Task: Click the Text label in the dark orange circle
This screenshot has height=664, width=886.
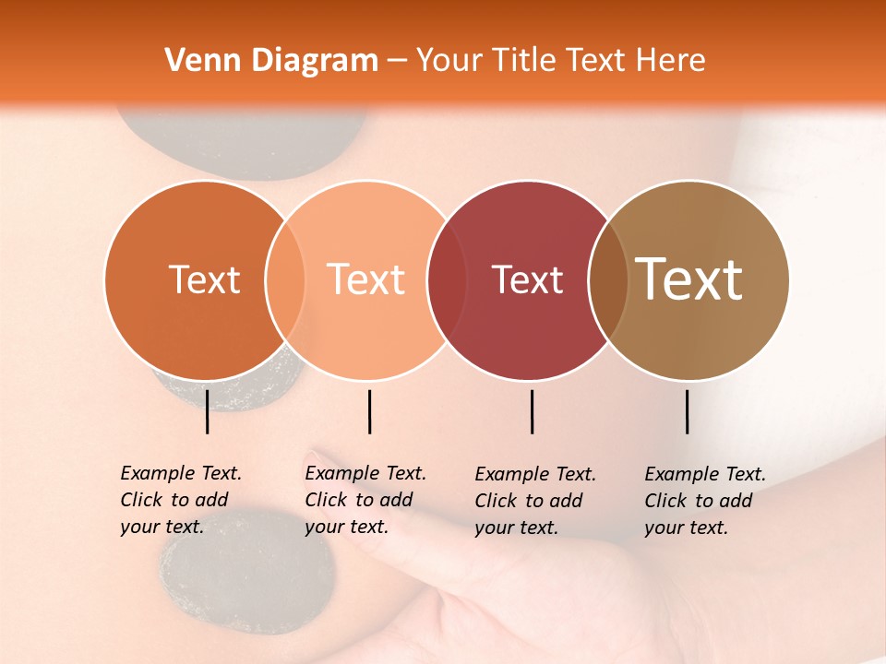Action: coord(204,280)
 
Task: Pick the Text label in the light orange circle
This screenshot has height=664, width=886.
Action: coord(366,280)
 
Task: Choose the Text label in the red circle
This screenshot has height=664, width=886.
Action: coord(527,280)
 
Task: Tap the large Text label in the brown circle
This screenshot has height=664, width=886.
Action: coord(689,279)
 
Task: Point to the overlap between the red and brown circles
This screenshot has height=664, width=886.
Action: coord(607,280)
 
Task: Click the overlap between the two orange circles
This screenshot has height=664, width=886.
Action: coord(285,280)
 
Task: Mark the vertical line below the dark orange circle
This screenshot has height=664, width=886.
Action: coord(207,411)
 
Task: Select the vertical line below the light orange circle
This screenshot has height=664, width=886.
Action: coord(369,411)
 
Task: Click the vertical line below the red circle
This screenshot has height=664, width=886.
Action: coord(532,411)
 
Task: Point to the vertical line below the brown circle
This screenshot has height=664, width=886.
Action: coord(687,411)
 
